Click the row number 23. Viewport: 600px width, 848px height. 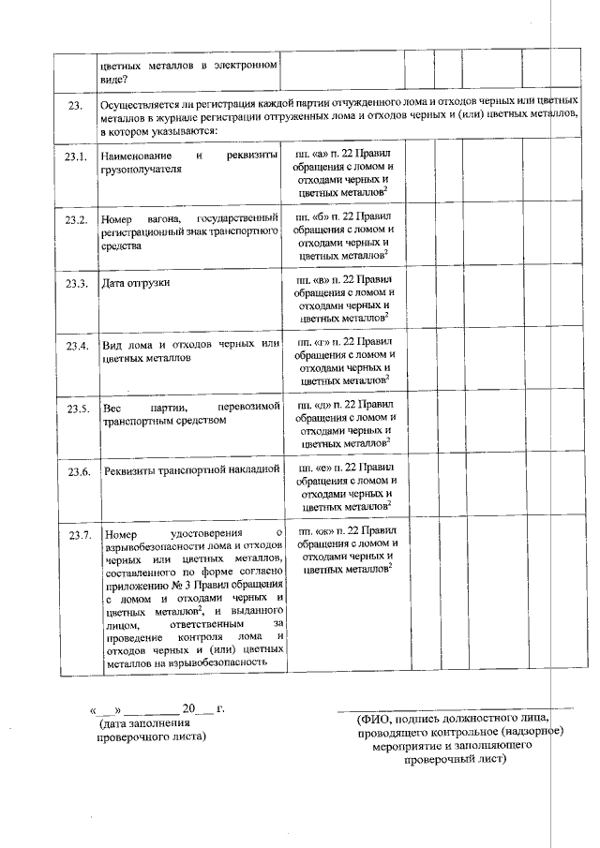pos(75,105)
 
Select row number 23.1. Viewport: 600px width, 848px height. pos(76,155)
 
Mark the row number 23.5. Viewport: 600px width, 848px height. pos(77,409)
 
